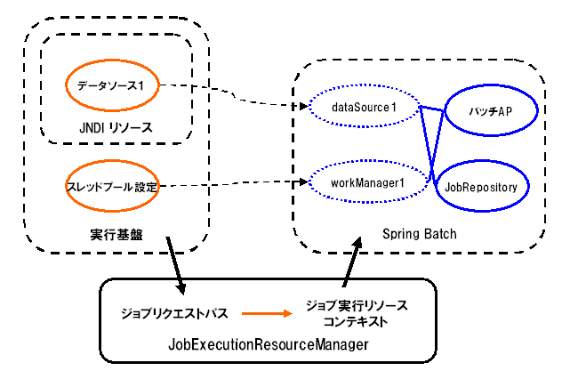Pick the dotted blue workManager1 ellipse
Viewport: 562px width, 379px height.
363,183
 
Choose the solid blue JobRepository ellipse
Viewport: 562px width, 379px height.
481,186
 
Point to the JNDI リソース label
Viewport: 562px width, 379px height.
117,128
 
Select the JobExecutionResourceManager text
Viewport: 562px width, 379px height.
267,344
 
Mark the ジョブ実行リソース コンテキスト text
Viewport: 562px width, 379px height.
356,312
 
